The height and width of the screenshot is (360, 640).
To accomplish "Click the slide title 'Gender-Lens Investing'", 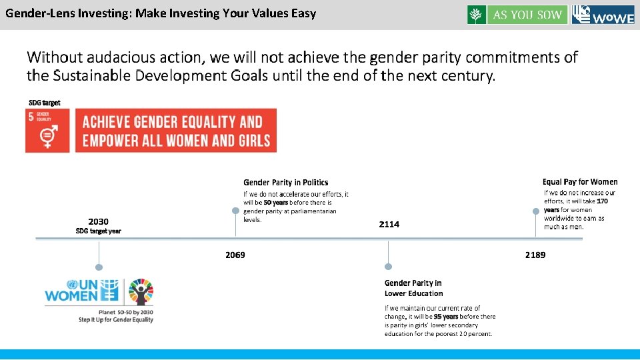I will [x=161, y=13].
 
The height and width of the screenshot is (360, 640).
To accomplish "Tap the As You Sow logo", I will [x=517, y=15].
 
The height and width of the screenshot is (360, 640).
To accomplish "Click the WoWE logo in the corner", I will [x=603, y=15].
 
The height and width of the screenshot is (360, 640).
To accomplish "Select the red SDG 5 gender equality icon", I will [x=47, y=131].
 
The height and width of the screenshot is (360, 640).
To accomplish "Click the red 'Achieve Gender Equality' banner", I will [x=176, y=131].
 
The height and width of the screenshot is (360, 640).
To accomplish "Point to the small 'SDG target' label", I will [x=44, y=103].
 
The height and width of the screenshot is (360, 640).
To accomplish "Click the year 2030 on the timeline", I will [x=99, y=221].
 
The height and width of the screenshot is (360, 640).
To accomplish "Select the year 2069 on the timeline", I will [x=235, y=255].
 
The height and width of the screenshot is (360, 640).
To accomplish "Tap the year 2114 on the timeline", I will [x=389, y=225].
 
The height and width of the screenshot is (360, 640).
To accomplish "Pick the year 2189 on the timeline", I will [x=535, y=255].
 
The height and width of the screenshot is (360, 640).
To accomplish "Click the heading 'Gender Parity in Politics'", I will [x=285, y=182].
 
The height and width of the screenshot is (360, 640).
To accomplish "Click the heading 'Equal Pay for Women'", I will [x=580, y=181].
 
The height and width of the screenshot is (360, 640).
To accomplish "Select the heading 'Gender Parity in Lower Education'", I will [x=413, y=288].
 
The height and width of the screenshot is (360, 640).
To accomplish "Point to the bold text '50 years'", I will [x=276, y=202].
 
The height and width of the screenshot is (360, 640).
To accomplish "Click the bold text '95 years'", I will [x=445, y=317].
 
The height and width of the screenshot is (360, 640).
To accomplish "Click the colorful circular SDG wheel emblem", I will [x=141, y=291].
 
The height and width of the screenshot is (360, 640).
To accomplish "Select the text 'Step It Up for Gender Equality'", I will [x=116, y=320].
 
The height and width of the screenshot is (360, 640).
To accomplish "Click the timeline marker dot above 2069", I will [x=235, y=210].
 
